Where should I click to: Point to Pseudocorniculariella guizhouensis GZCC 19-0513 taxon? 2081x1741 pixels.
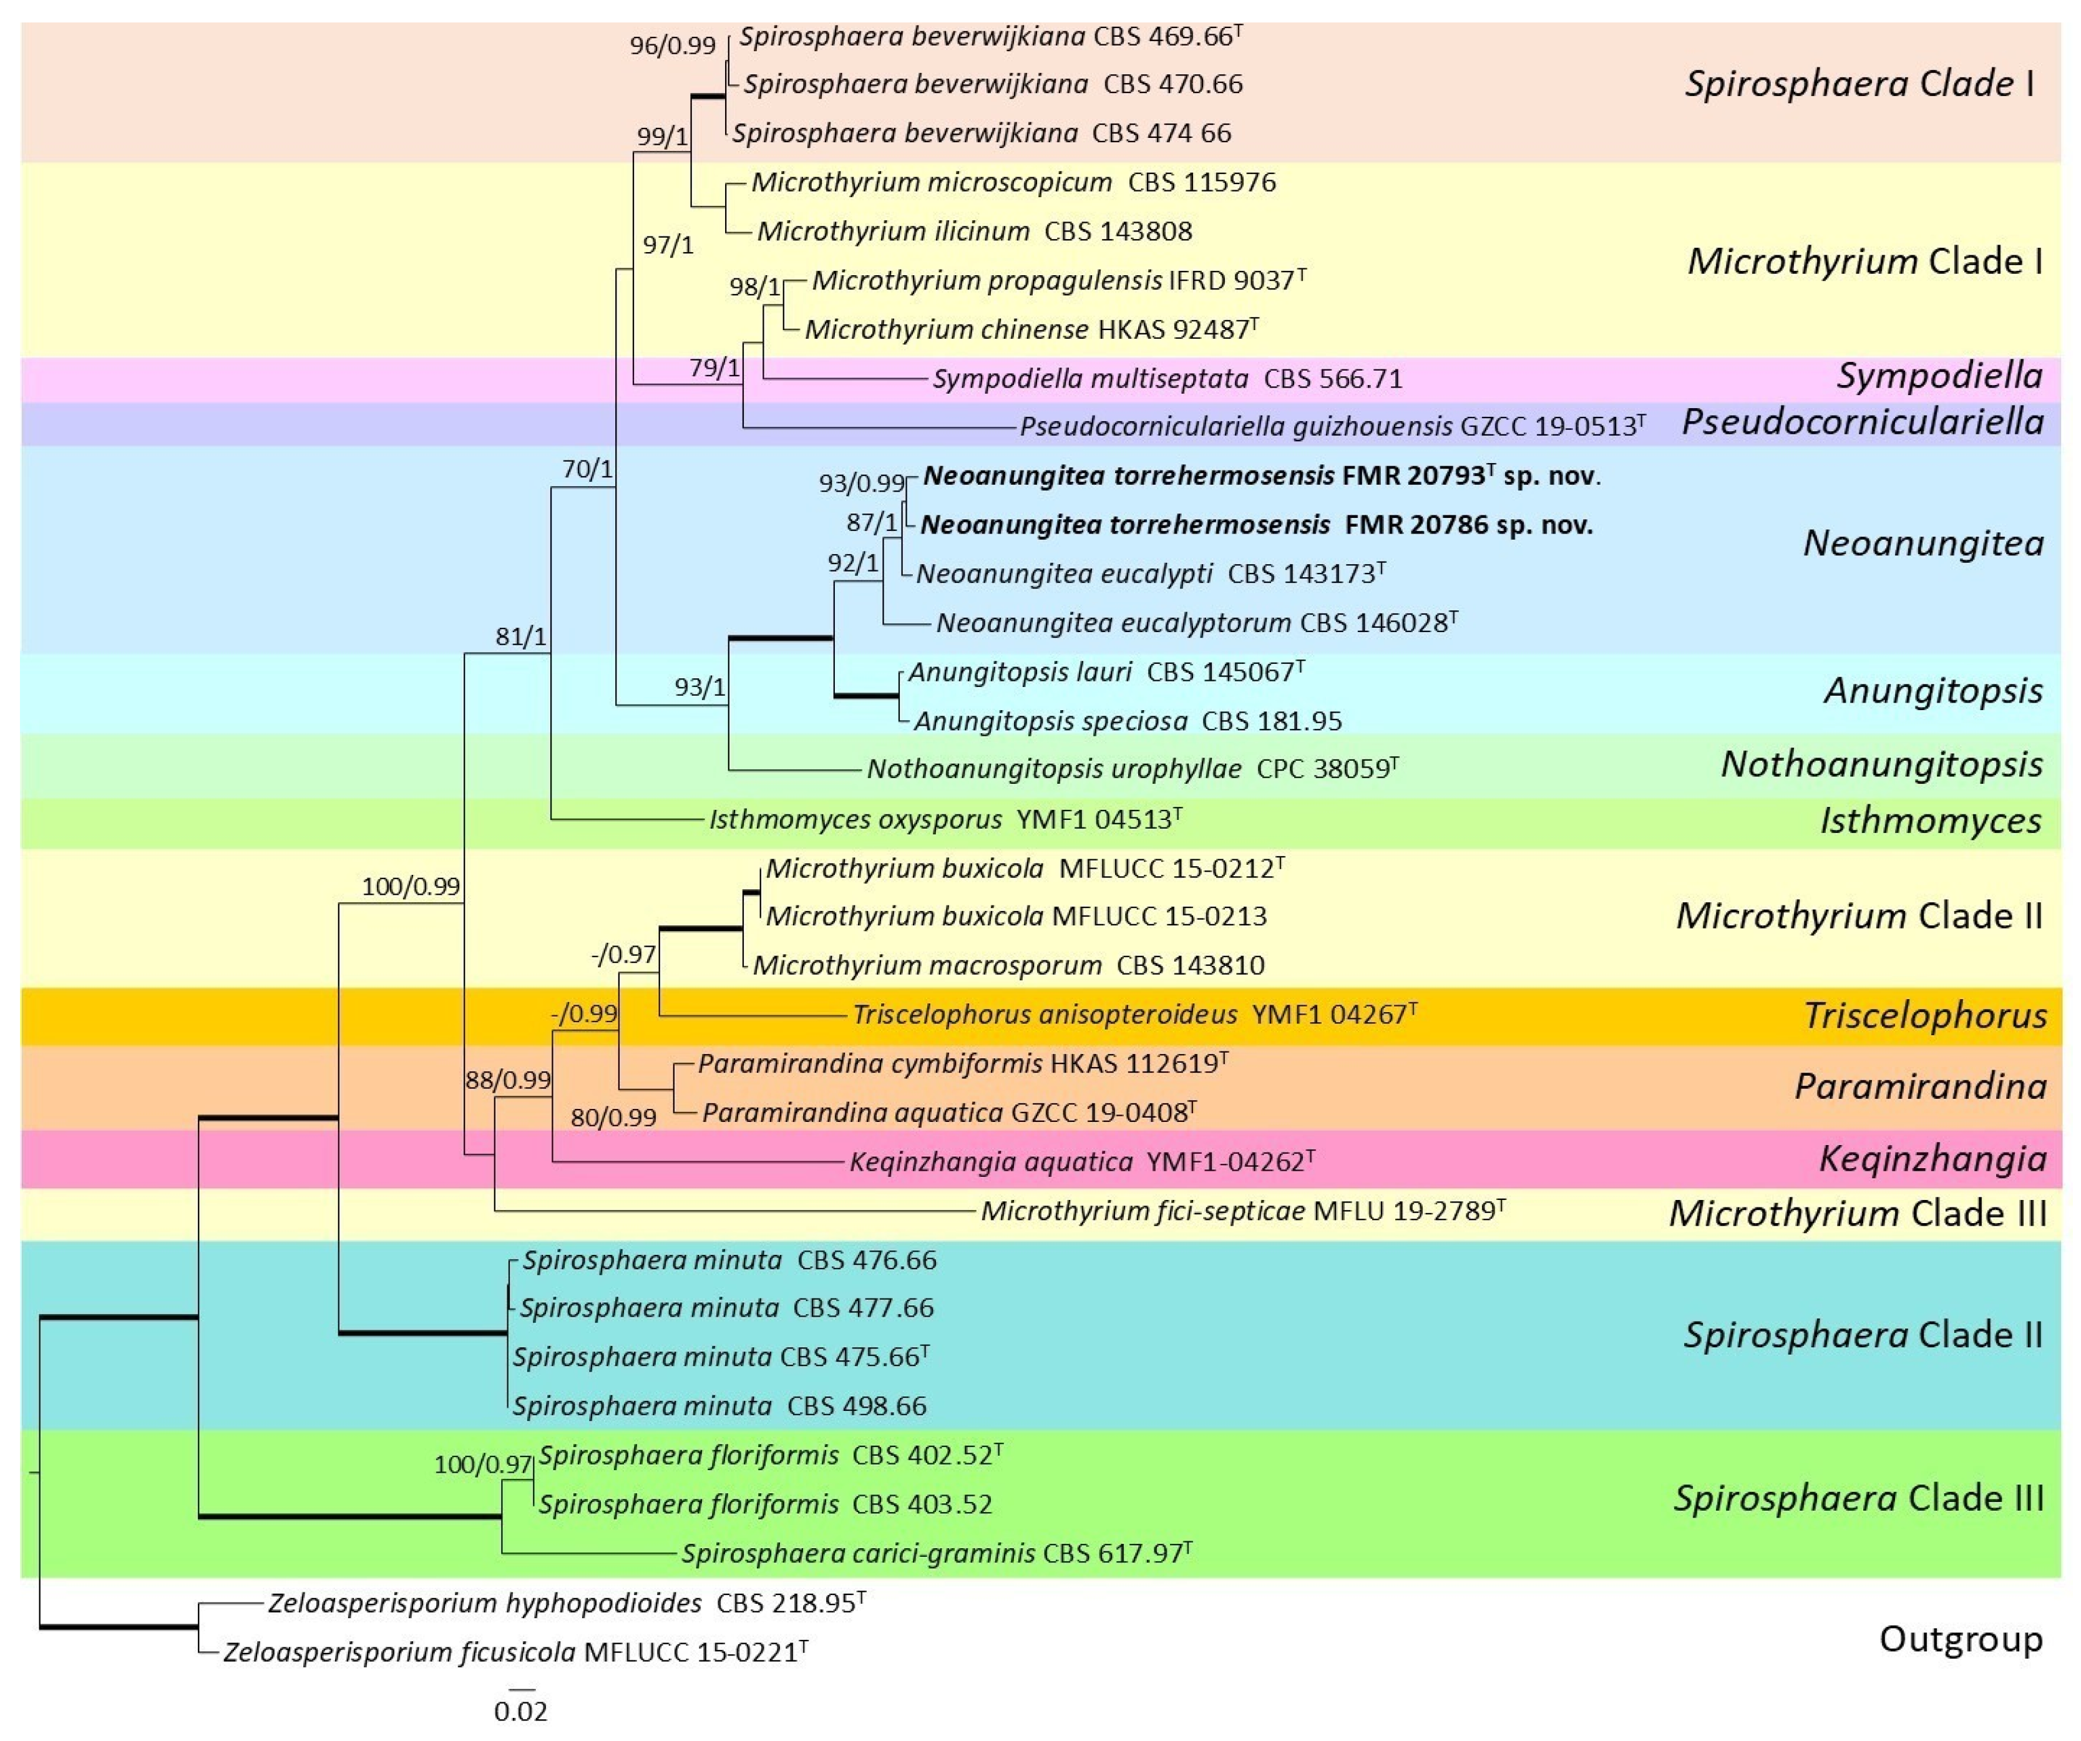pyautogui.click(x=1332, y=427)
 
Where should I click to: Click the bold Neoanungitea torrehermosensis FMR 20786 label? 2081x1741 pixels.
pyautogui.click(x=1255, y=525)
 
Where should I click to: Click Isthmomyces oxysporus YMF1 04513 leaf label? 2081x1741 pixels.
pyautogui.click(x=944, y=819)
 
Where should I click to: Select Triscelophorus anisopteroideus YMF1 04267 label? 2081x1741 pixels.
pyautogui.click(x=1134, y=1015)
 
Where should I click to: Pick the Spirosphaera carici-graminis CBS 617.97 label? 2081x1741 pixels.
pyautogui.click(x=935, y=1553)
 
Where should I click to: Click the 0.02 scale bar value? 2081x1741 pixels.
pyautogui.click(x=520, y=1711)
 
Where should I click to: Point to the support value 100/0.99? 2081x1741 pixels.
pyautogui.click(x=410, y=887)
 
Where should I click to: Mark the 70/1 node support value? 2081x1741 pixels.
pyautogui.click(x=588, y=469)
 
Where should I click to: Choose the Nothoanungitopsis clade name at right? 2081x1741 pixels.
pyautogui.click(x=1881, y=764)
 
